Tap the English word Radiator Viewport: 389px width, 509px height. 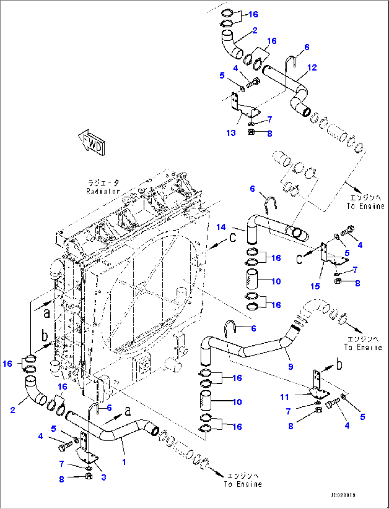point(103,191)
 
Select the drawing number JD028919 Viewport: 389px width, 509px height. point(343,495)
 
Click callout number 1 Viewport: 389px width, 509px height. point(124,462)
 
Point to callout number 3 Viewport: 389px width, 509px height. point(103,477)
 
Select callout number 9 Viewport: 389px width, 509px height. point(291,366)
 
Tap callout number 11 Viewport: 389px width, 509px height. point(284,397)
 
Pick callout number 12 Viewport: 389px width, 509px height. point(312,67)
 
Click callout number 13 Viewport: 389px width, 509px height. point(231,133)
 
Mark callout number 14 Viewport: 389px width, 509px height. point(221,227)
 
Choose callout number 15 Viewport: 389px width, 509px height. point(315,286)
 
